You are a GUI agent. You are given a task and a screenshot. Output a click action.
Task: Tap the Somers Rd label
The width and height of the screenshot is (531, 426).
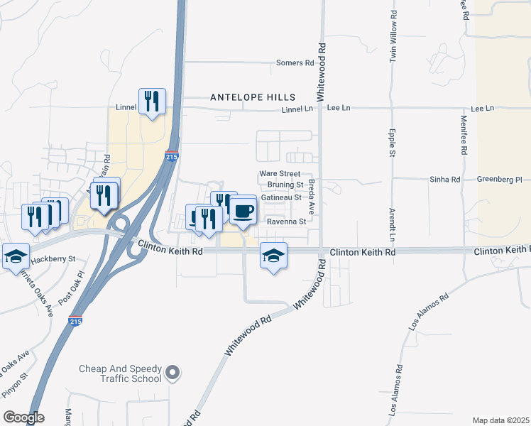click(295, 63)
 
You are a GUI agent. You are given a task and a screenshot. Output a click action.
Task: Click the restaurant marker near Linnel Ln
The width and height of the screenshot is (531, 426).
click(152, 102)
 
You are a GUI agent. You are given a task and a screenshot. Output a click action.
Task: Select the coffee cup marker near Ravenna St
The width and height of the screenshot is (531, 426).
click(243, 211)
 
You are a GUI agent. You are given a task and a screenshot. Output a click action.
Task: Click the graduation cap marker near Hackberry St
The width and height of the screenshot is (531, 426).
click(15, 256)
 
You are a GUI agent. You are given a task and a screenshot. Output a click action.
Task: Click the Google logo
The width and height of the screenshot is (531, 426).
click(23, 417)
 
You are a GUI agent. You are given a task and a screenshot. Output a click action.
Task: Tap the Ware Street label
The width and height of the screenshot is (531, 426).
click(280, 173)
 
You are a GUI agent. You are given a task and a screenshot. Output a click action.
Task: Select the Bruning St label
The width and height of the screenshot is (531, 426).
click(282, 185)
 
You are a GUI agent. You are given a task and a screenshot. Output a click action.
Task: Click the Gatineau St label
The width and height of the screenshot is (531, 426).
click(282, 197)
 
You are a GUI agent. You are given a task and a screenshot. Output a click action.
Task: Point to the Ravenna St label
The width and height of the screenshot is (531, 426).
click(285, 222)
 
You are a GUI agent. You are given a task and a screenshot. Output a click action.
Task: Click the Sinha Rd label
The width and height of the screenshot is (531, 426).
click(445, 180)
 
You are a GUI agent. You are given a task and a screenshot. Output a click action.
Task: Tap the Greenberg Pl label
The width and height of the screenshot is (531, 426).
click(499, 180)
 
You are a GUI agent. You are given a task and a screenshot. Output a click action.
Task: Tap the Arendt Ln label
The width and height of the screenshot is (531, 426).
click(391, 223)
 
